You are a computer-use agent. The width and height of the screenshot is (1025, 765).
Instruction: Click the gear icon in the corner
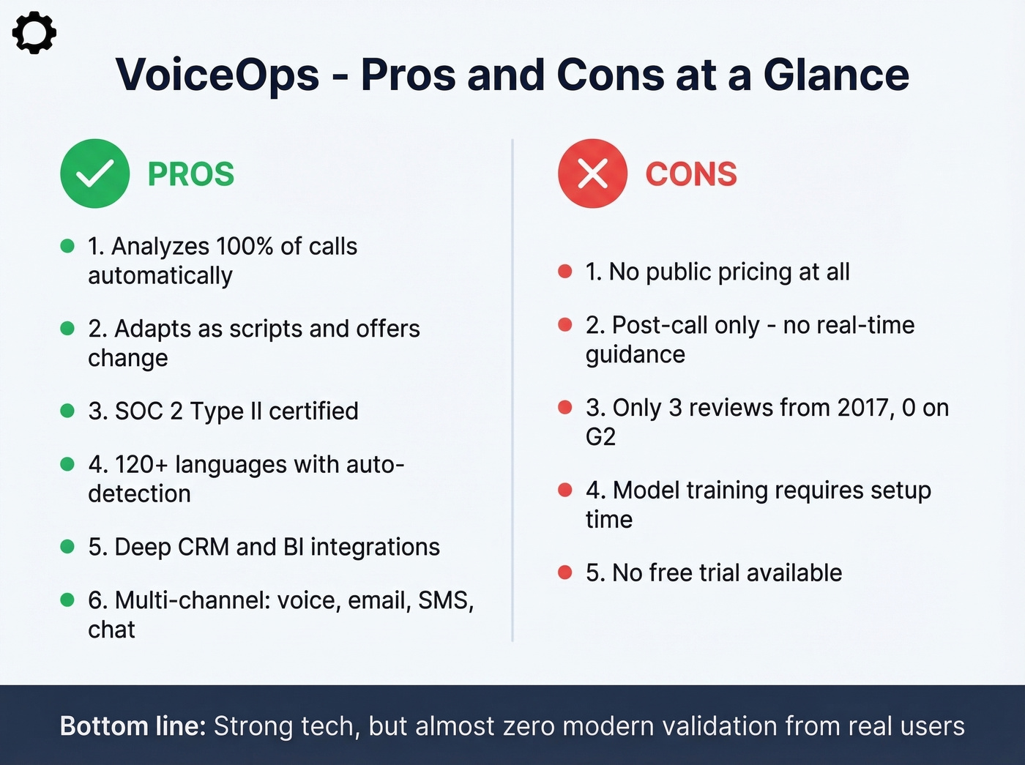coord(34,33)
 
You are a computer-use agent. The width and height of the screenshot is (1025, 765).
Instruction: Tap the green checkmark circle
coord(95,173)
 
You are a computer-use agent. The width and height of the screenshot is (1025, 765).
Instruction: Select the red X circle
coord(592,173)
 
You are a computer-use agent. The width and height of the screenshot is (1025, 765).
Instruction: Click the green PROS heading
coord(191,174)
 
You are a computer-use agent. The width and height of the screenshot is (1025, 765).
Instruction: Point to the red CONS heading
coord(691,174)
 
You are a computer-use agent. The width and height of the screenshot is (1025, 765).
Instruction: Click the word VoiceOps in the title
coord(217,75)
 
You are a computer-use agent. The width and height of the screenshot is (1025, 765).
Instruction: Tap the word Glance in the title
coord(836,75)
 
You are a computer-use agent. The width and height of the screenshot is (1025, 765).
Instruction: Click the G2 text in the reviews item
coord(600,436)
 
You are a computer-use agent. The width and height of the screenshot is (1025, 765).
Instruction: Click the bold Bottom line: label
coord(133,726)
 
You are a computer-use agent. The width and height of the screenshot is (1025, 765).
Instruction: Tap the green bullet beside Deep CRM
coord(67,546)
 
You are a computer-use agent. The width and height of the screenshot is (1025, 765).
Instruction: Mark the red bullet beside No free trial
coord(564,572)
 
